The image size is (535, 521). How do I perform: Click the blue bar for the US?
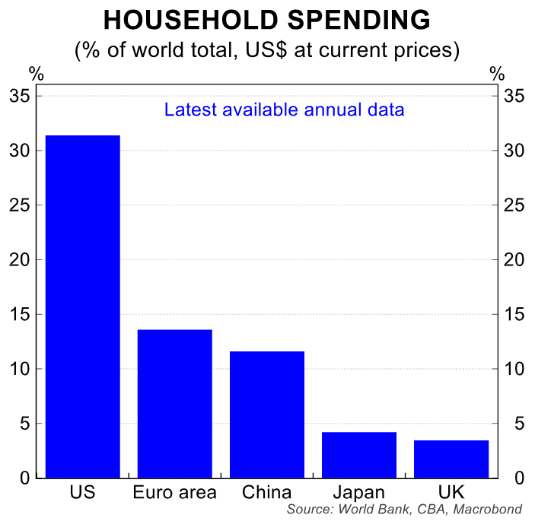[83, 307]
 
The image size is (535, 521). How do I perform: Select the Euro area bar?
[174, 403]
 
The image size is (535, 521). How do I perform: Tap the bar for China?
[267, 415]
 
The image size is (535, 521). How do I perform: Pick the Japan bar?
[359, 455]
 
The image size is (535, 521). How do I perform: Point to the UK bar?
[451, 459]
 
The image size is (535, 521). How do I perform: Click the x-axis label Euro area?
[174, 492]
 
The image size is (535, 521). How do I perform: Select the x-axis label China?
[267, 492]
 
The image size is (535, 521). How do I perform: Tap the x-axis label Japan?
[359, 492]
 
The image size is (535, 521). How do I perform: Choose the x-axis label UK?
[451, 492]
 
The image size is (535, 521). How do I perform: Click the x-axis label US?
[82, 492]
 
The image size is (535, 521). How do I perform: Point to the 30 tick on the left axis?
[21, 151]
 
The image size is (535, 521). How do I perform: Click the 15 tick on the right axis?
[515, 315]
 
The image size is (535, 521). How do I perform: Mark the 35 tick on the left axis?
[21, 97]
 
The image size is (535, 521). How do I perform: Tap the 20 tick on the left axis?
[21, 260]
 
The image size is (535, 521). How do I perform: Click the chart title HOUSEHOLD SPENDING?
[267, 21]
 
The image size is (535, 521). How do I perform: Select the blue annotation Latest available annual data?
[284, 110]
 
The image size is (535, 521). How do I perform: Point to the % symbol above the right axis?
[497, 74]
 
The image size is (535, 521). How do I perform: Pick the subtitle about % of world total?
[267, 51]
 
